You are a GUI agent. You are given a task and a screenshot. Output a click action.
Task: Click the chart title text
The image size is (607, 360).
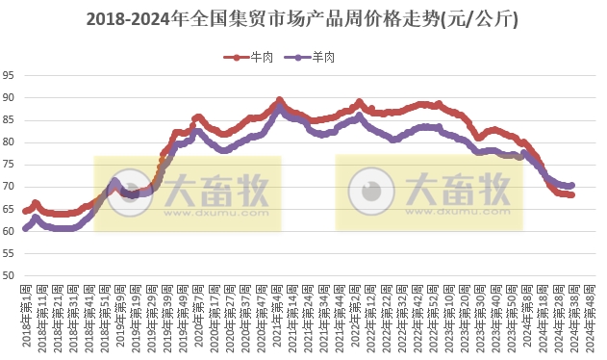point(302,18)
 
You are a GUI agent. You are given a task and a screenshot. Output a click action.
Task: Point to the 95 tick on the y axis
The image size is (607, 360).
point(9,75)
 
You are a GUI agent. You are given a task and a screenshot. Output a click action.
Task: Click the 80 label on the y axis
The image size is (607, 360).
point(9,142)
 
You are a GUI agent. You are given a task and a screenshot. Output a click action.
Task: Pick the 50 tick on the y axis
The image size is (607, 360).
point(9,276)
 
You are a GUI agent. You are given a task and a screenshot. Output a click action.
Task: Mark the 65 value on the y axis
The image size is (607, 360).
point(9,210)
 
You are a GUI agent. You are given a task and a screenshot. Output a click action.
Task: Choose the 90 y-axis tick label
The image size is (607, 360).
point(9,97)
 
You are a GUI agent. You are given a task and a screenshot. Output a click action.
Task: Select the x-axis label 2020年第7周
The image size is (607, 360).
point(198,318)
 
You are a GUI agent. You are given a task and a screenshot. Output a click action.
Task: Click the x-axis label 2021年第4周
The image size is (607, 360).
point(278,318)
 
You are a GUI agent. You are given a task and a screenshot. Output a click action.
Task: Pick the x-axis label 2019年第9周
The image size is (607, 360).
point(120,318)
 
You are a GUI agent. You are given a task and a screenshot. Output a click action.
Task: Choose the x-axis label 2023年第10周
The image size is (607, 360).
point(449,318)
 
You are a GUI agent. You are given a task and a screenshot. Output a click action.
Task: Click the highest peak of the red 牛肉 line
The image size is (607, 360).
point(279,99)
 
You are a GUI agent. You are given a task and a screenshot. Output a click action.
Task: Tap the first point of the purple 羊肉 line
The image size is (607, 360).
point(25,228)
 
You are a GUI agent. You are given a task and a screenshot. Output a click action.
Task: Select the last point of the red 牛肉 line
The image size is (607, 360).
point(572,194)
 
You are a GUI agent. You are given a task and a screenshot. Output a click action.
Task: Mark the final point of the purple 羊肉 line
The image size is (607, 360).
point(572,185)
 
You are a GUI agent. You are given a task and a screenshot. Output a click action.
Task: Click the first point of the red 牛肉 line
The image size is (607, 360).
point(25,211)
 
